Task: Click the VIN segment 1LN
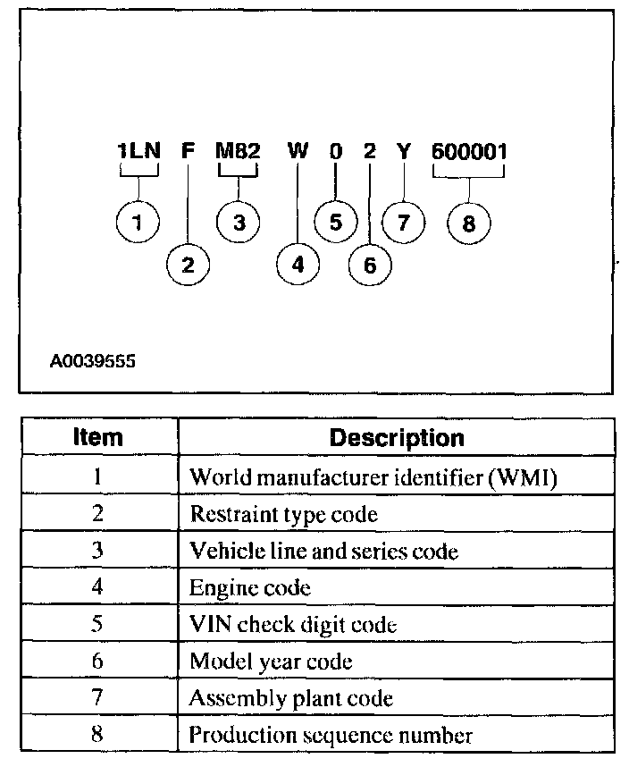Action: point(138,150)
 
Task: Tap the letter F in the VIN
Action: point(188,150)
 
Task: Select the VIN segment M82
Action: point(238,150)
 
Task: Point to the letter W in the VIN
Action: point(298,150)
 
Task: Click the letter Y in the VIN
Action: point(404,150)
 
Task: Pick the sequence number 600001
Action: point(469,150)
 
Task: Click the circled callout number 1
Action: point(138,223)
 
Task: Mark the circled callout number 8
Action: point(469,223)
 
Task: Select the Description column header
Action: point(397,438)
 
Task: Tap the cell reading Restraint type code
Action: point(283,514)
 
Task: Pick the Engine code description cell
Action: point(250,587)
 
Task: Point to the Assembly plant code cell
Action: point(290,698)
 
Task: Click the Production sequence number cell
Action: point(331,735)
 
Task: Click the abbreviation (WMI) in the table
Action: point(524,477)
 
